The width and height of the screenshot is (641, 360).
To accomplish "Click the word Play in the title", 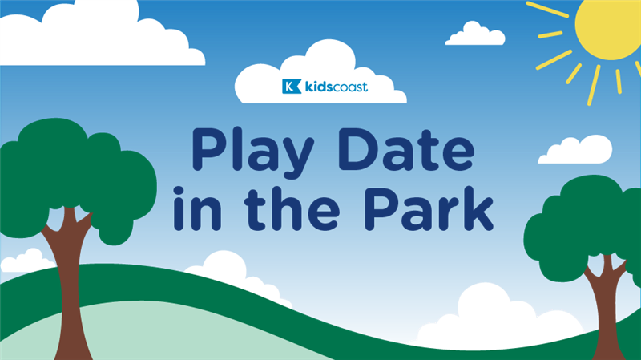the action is click(x=252, y=152).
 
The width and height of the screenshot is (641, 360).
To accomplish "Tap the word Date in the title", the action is click(x=407, y=149).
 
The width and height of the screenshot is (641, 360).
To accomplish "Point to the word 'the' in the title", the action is click(x=292, y=208).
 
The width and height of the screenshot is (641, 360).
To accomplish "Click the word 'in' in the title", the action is click(x=197, y=208).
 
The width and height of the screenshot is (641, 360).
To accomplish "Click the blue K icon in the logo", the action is click(x=292, y=87).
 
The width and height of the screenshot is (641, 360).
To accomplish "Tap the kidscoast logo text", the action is click(x=337, y=87).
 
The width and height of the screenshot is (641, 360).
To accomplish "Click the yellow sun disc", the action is click(x=609, y=26).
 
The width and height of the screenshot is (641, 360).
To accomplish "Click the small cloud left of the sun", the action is click(x=475, y=34).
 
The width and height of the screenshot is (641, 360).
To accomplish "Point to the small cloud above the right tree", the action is click(x=575, y=149).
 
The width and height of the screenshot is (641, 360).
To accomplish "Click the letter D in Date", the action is click(x=360, y=149).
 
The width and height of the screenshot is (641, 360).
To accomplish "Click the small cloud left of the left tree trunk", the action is click(x=26, y=261).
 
